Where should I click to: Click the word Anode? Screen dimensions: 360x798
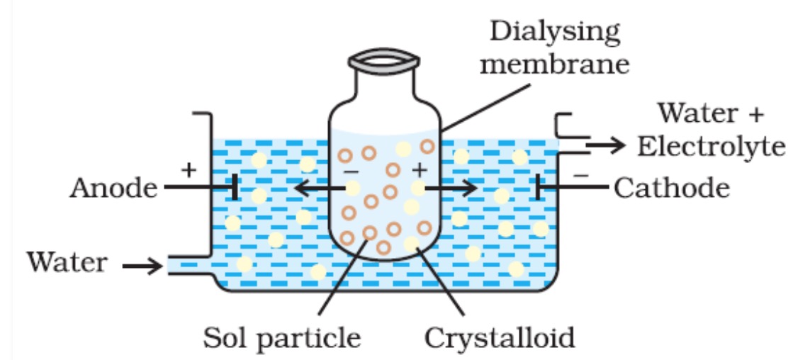pos(114,189)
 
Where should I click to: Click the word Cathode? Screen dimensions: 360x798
pos(671,189)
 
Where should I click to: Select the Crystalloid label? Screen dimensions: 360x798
pos(500,337)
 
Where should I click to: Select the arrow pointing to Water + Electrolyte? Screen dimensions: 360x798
pos(606,145)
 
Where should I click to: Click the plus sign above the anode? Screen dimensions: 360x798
pos(188,169)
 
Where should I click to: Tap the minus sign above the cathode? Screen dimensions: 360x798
pos(580,172)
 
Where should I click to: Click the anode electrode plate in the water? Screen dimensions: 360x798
pos(233,188)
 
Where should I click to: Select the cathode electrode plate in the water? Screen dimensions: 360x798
pos(541,188)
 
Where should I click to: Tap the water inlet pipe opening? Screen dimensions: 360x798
pos(173,266)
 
